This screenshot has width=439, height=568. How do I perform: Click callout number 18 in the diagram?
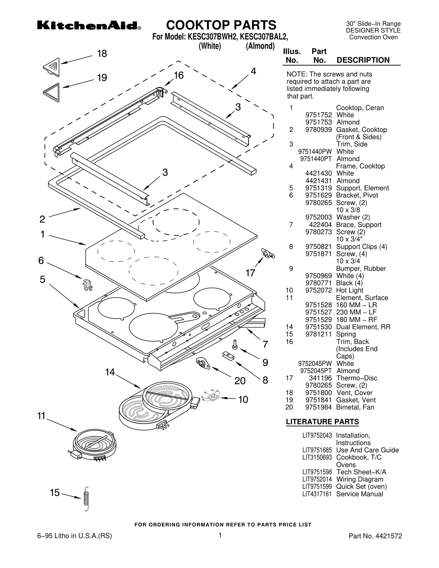click(102, 53)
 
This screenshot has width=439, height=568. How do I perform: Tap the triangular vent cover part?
click(52, 67)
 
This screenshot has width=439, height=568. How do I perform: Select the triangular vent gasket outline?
click(52, 92)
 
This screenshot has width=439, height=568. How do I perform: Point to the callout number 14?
click(110, 372)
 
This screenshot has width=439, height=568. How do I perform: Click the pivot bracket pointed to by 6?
click(88, 284)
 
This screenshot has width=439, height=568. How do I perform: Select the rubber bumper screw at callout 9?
click(235, 344)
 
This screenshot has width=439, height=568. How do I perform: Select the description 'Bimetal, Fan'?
click(355, 407)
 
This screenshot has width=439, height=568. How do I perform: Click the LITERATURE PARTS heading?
click(322, 422)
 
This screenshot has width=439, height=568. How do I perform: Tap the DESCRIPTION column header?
click(363, 60)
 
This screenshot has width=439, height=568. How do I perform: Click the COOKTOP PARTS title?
click(221, 25)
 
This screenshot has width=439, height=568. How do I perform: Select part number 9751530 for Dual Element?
click(318, 327)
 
